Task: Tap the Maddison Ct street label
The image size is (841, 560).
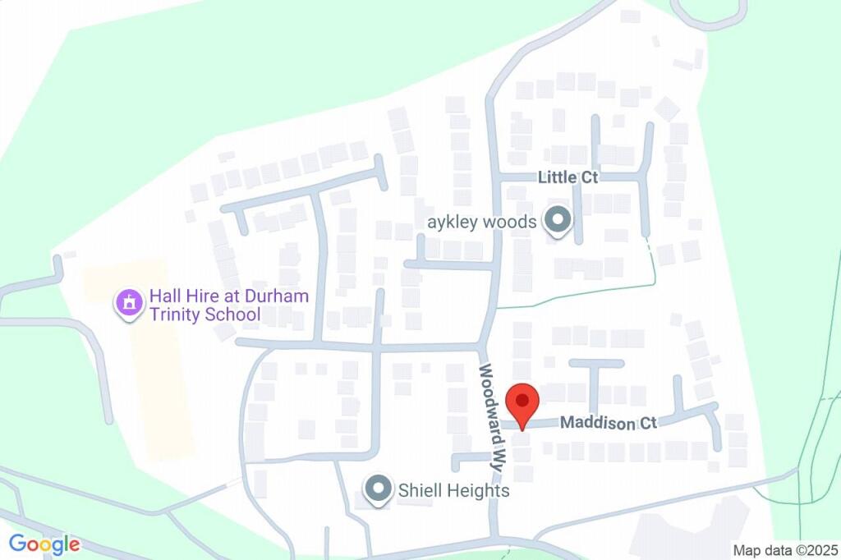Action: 609,424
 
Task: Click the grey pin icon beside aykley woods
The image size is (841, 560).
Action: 558,221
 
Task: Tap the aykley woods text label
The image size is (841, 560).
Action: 482,222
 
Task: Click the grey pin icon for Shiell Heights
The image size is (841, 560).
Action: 379,489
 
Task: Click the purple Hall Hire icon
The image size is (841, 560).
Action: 128,304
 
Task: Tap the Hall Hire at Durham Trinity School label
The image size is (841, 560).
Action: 217,305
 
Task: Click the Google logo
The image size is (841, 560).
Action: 44,544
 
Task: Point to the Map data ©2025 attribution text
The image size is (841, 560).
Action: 785,549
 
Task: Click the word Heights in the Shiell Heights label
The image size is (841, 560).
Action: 481,491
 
